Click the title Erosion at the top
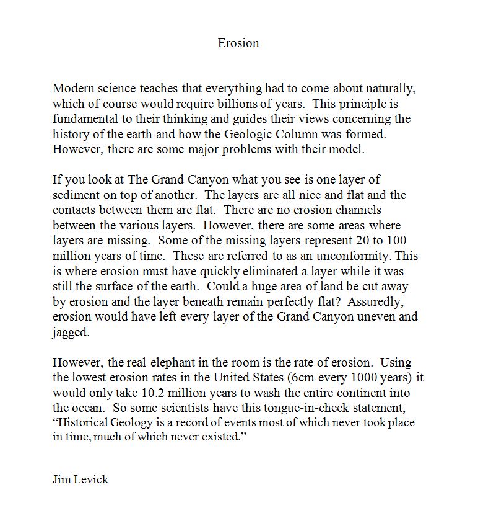238,43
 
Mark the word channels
355,210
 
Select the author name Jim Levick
80,479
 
